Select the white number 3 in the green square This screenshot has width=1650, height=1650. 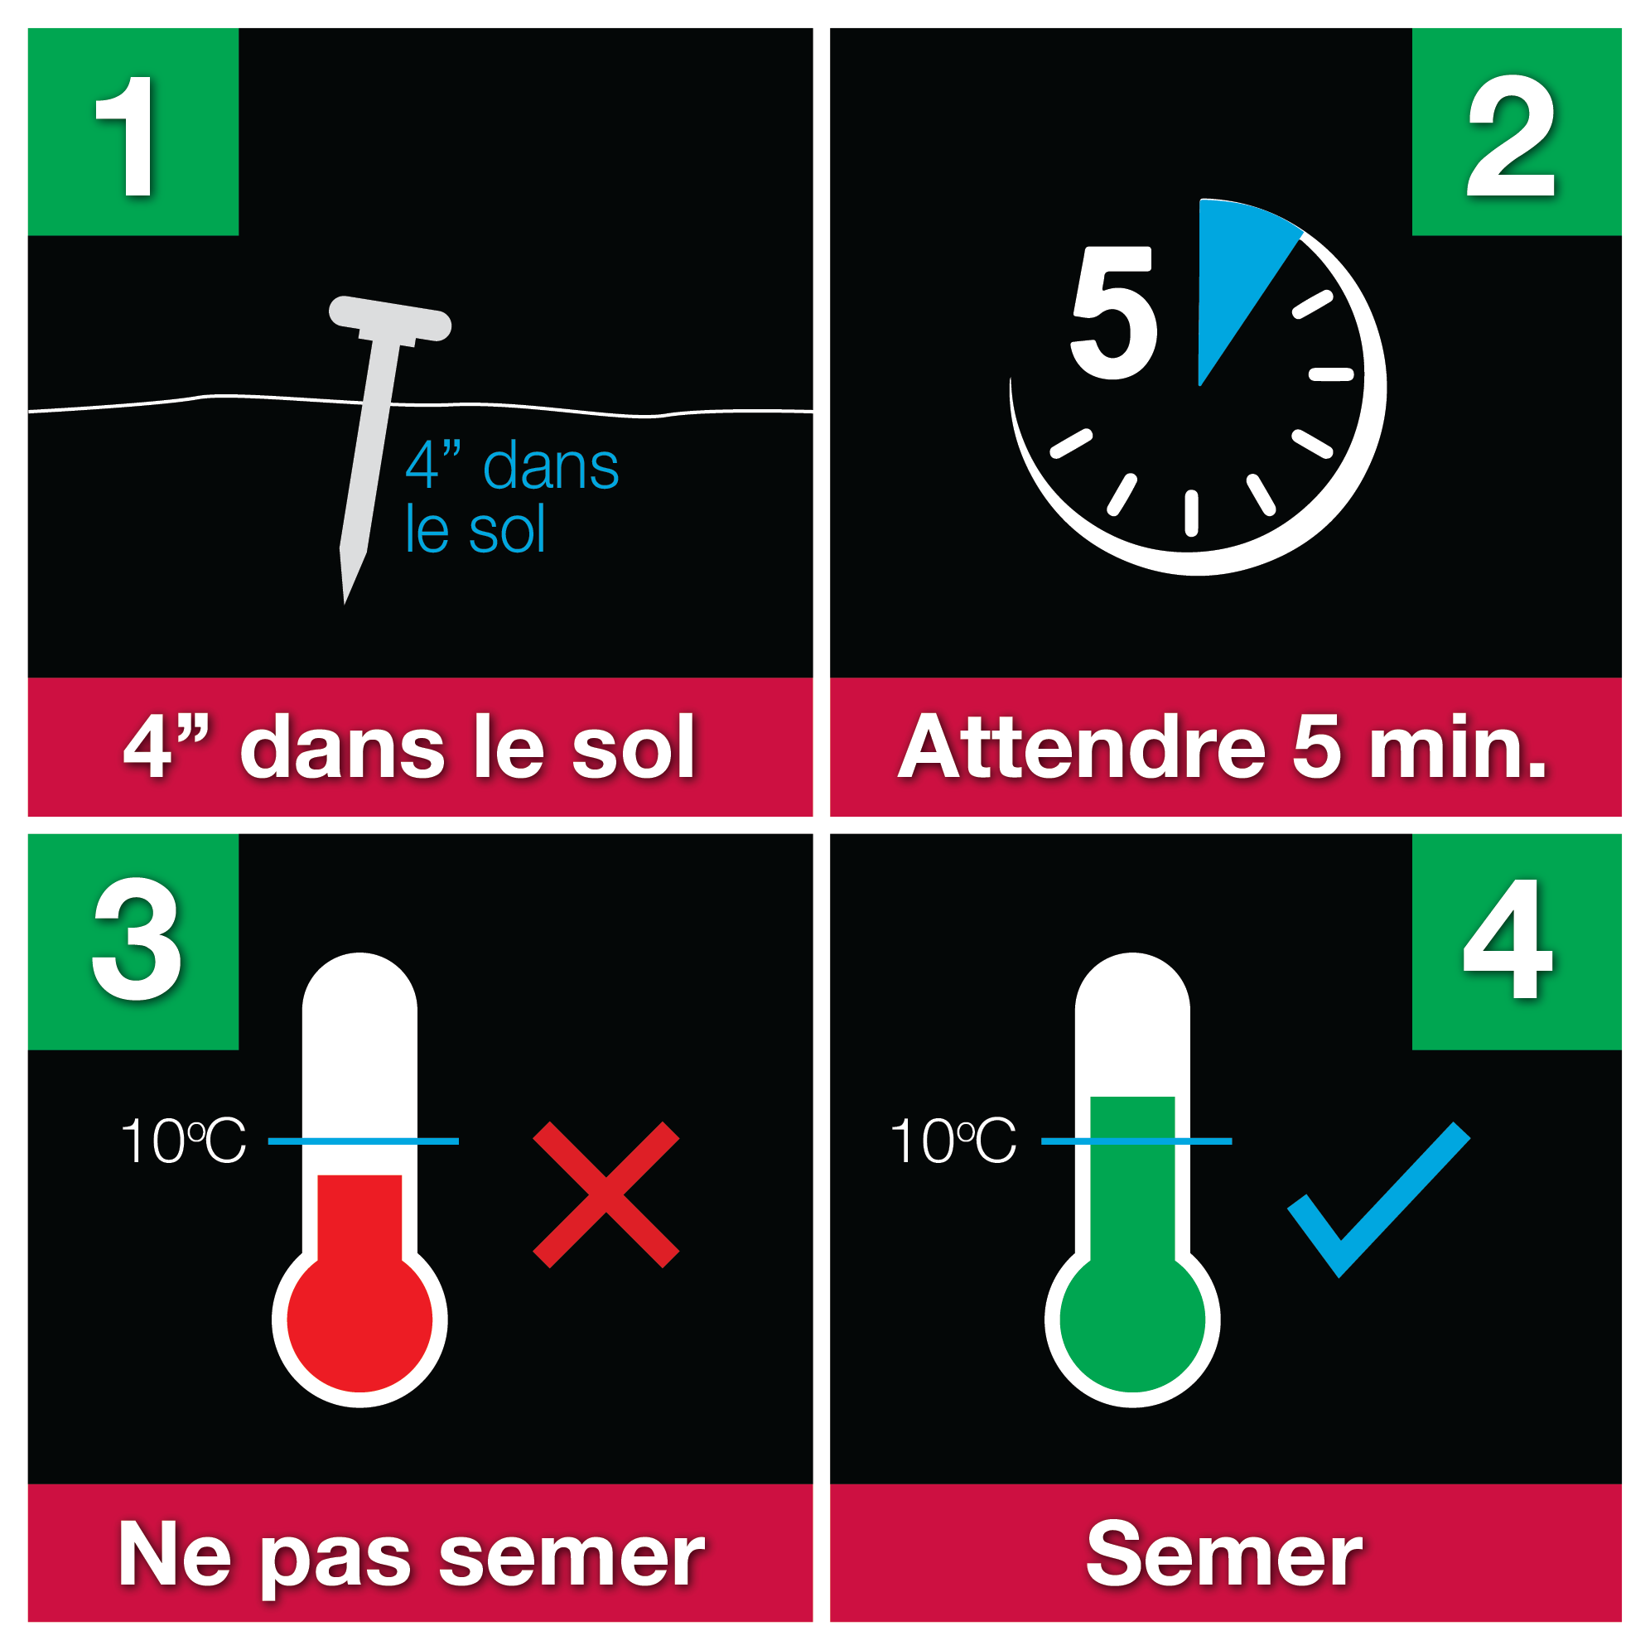(x=137, y=938)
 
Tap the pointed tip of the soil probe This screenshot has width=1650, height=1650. (x=345, y=603)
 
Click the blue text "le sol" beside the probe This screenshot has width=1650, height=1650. (x=475, y=529)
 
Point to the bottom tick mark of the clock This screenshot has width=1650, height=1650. (x=1191, y=514)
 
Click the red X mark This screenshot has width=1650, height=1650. (x=605, y=1194)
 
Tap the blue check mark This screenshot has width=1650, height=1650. (x=1378, y=1199)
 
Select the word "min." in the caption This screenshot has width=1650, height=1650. (x=1458, y=747)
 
